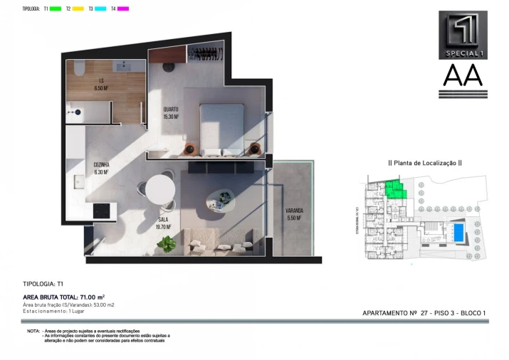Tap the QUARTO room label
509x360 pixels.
(170, 112)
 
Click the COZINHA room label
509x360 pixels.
(101, 168)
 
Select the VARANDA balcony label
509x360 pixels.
(294, 214)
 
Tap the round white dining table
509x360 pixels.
(161, 190)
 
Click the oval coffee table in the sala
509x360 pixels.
(220, 201)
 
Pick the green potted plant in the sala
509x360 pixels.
(167, 244)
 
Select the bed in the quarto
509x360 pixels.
(221, 128)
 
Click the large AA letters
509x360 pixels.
(463, 75)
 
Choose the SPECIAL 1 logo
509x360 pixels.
(463, 34)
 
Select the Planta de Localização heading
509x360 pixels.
(424, 163)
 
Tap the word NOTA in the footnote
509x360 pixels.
(33, 332)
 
